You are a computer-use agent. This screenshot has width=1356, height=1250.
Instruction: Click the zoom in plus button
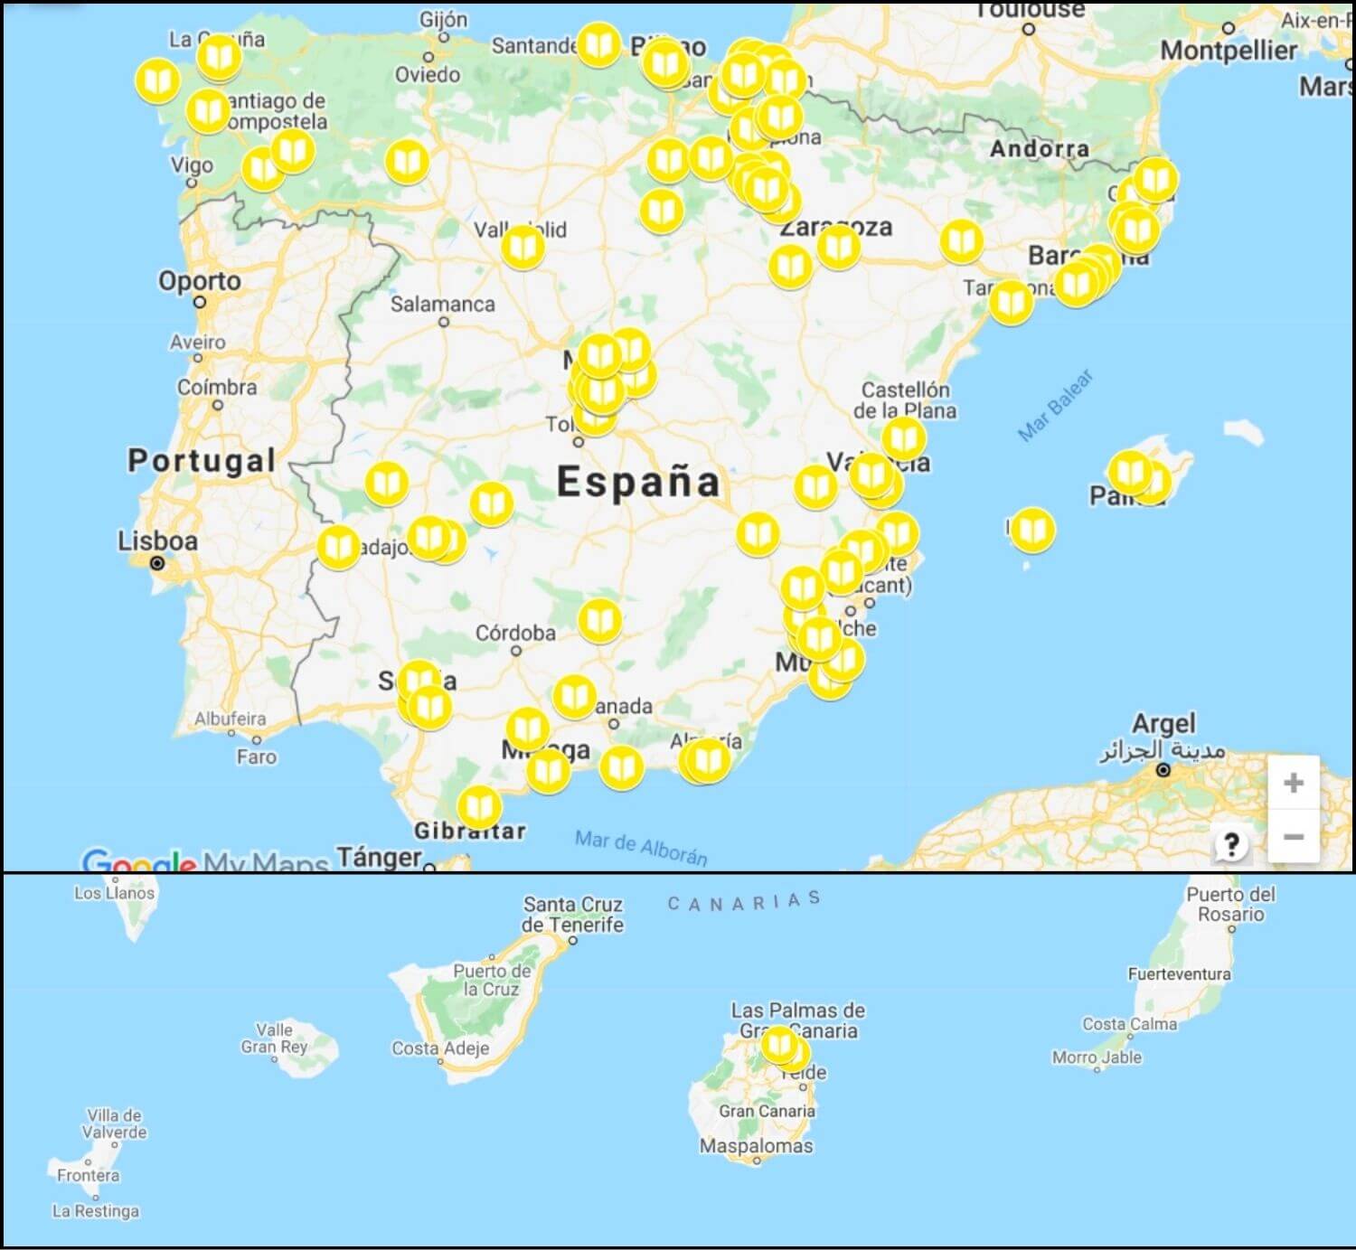pos(1293,783)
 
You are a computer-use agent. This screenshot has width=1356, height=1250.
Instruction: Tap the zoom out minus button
pos(1293,837)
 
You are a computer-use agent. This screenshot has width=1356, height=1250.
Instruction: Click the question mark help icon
pos(1231,845)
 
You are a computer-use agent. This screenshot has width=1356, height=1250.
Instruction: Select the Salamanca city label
pos(442,305)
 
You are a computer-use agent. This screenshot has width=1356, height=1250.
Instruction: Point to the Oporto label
pos(200,281)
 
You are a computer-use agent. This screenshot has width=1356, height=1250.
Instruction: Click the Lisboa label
pos(157,541)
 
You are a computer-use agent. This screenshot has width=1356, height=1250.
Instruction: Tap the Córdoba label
pos(515,633)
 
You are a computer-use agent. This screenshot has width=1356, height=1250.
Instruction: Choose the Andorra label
pos(1040,149)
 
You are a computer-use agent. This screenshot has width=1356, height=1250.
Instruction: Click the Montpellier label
pos(1229,51)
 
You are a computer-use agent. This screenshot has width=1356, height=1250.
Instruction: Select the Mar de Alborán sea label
pos(641,847)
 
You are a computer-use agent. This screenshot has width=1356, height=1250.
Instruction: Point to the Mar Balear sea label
pos(1055,404)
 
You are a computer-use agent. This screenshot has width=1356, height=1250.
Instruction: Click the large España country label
pos(638,482)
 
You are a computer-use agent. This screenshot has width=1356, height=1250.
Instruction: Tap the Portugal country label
pos(201,461)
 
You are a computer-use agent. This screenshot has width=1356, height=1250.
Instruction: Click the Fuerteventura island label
pos(1179,974)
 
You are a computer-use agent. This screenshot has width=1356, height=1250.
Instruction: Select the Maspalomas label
pos(757,1146)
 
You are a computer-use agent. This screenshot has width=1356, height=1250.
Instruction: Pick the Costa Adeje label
pos(440,1048)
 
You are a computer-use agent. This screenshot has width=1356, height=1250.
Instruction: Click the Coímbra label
pos(217,388)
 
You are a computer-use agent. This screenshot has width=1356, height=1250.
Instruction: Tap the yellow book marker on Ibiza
pos(1032,530)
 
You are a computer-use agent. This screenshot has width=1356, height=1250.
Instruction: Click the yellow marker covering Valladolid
pos(523,247)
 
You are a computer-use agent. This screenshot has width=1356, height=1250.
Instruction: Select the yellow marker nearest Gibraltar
pos(479,806)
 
